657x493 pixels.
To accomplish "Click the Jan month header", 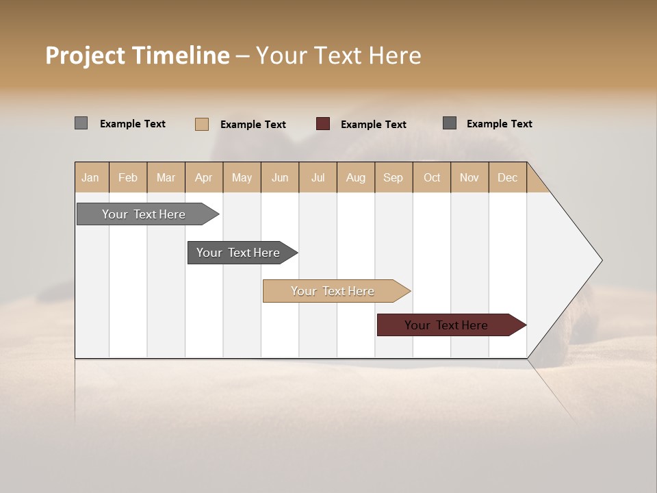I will pos(90,178).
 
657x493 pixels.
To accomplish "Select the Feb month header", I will pos(128,178).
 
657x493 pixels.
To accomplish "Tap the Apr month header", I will pos(203,178).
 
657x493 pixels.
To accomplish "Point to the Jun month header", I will pos(280,178).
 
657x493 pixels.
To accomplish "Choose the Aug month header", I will pos(355,178).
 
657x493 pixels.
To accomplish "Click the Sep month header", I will pos(393,178).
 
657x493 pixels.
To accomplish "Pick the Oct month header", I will pos(432,178).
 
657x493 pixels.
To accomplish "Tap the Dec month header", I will pos(507,178).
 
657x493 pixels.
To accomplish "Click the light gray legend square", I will pos(81,123).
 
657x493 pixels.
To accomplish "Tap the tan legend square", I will pos(202,124).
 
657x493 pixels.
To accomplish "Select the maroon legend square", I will pos(323,124).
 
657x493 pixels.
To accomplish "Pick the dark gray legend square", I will pos(450,123).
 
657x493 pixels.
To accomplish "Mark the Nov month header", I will pos(469,178).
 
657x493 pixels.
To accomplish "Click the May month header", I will pos(242,178).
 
